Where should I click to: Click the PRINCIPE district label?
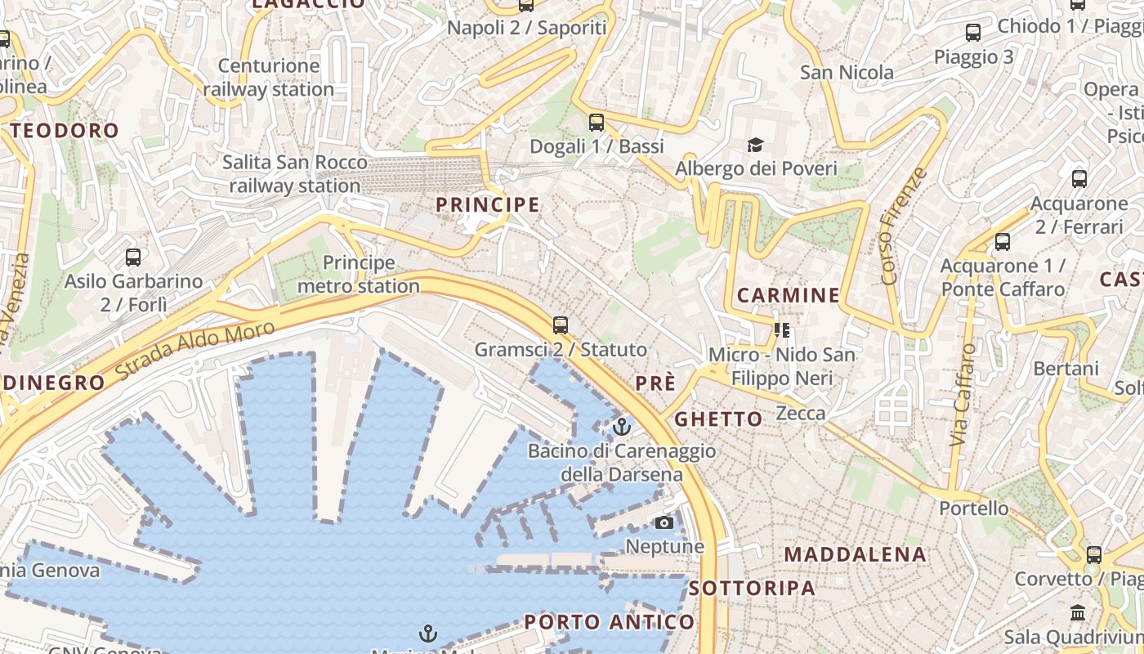tap(488, 204)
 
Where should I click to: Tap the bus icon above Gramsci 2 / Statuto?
tap(561, 325)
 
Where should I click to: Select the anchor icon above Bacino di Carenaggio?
tap(622, 427)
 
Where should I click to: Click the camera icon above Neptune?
tap(664, 522)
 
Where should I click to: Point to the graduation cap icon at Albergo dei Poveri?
tap(756, 146)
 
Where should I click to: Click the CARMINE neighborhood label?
tap(789, 295)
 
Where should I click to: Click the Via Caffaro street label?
tap(964, 394)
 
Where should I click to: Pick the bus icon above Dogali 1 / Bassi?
tap(597, 123)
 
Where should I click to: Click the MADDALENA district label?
tap(856, 554)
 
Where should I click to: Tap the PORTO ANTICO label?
tap(610, 621)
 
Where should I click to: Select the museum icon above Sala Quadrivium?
tap(1078, 612)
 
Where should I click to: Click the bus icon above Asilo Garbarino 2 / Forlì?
tap(133, 258)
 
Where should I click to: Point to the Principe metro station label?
tap(359, 275)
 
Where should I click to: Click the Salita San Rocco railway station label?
tap(295, 174)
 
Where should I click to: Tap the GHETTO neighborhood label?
tap(718, 419)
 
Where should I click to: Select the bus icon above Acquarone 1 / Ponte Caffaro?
tap(1003, 242)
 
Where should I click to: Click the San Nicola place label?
tap(847, 73)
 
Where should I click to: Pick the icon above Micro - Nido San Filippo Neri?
tap(782, 330)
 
